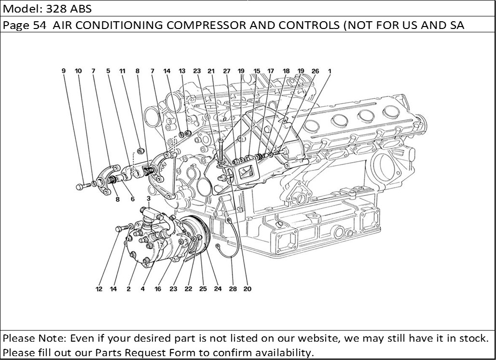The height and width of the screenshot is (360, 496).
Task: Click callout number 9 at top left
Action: [63, 71]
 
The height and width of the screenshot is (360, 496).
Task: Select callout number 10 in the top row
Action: [78, 71]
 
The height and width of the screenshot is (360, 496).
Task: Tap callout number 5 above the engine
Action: [108, 71]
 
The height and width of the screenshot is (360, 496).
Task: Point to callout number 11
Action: [123, 71]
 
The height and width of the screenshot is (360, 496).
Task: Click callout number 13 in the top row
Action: [182, 71]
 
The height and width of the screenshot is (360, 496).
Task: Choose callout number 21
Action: [211, 71]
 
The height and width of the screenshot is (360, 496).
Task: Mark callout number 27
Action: [226, 71]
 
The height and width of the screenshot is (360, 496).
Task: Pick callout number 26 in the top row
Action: [315, 71]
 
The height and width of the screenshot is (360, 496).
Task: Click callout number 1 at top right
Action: [330, 71]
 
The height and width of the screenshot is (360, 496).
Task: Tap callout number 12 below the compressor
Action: [99, 290]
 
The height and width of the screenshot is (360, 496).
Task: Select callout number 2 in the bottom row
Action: [129, 290]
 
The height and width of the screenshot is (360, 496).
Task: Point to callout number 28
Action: [233, 290]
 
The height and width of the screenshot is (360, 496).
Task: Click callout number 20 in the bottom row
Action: [247, 290]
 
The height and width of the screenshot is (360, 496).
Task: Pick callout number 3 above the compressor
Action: [149, 198]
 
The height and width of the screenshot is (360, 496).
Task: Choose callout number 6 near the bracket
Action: [132, 199]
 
